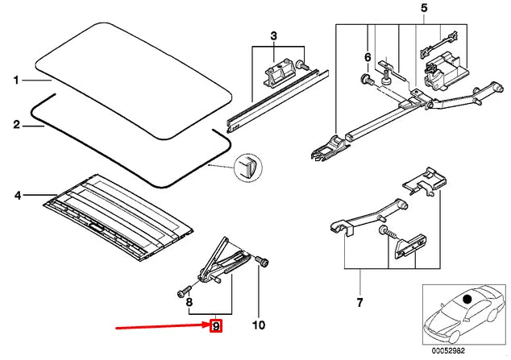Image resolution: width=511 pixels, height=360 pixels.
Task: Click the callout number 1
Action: coord(16,80)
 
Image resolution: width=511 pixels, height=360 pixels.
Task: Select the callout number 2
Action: coord(17,125)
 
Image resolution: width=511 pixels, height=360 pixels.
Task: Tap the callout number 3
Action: coord(273,35)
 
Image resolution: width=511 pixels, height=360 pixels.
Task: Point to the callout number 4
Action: coord(18,195)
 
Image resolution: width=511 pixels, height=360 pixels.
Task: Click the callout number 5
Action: coord(424,8)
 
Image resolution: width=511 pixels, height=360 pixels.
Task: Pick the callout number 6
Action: coord(368,58)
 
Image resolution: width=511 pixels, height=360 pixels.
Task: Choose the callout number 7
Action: coord(359,302)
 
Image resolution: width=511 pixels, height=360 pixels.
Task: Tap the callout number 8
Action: coord(189,302)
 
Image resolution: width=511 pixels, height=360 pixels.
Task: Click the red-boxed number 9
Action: coord(216,325)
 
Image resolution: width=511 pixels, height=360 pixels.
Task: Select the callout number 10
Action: coord(259,325)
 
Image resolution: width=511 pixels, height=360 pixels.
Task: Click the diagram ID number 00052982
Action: coord(448,351)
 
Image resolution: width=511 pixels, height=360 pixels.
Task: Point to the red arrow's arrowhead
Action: coord(206,325)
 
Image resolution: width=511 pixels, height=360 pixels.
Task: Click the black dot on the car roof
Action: coord(467,299)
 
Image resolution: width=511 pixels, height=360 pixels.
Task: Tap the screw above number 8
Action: coord(184,291)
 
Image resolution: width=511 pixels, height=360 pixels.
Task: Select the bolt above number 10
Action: coord(262,261)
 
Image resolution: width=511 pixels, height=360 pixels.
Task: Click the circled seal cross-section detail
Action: coord(248,167)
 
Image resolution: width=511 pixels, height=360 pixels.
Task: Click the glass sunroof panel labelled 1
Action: coord(134,81)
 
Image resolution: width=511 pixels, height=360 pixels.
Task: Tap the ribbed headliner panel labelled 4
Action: coord(118,217)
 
